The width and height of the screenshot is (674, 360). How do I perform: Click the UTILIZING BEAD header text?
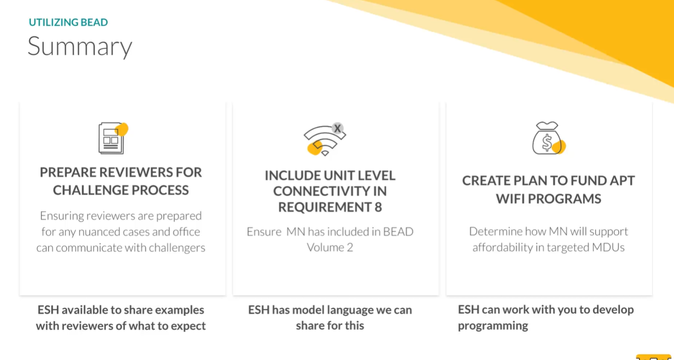click(68, 22)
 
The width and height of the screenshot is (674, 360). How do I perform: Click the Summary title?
click(80, 46)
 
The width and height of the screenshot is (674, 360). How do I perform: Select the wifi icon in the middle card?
click(325, 139)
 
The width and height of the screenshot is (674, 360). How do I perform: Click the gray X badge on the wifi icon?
click(338, 128)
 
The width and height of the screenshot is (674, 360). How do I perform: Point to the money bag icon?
click(549, 138)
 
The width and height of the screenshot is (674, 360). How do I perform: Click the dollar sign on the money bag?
click(547, 142)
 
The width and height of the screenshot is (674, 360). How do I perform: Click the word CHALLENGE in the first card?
click(90, 190)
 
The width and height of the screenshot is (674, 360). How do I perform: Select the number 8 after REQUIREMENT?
click(378, 207)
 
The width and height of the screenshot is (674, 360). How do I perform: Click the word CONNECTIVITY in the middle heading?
click(330, 191)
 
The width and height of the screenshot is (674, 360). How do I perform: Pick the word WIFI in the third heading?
click(510, 199)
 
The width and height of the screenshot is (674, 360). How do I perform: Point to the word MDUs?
click(608, 247)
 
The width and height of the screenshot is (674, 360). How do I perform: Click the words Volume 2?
click(330, 247)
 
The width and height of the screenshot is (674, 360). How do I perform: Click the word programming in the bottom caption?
click(493, 326)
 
